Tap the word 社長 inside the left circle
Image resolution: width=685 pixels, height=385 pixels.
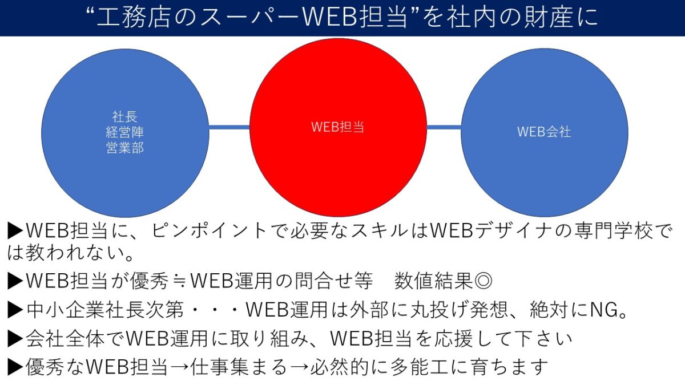click(125, 117)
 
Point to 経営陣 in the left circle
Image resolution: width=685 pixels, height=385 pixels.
click(125, 132)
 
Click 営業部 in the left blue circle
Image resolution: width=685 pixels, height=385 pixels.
click(125, 148)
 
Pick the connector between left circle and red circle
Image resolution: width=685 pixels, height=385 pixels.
click(229, 127)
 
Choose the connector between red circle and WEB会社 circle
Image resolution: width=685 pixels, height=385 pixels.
click(444, 127)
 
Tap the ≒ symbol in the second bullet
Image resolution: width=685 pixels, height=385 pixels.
click(180, 281)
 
